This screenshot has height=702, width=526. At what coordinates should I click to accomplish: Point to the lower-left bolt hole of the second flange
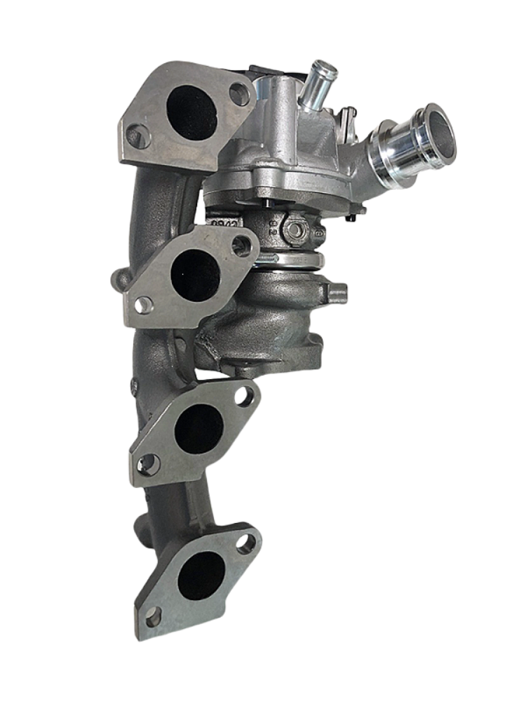(x=143, y=305)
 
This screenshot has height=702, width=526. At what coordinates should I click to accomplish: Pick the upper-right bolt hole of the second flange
(x=242, y=245)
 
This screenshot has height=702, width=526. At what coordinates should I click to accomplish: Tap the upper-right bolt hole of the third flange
(x=244, y=397)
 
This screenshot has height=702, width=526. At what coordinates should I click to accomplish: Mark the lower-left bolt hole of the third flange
(x=148, y=464)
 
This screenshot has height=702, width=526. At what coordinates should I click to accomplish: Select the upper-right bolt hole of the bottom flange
(x=246, y=543)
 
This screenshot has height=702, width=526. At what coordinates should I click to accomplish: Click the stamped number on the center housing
(x=225, y=223)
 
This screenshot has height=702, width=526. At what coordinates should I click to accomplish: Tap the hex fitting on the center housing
(x=297, y=230)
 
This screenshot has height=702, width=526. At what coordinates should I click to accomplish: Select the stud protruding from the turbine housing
(x=336, y=292)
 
